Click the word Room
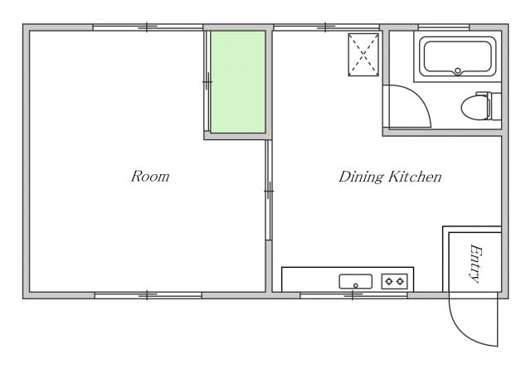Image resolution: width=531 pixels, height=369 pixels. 150,177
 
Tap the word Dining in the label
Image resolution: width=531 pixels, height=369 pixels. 362,177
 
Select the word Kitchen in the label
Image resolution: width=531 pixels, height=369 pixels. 415,177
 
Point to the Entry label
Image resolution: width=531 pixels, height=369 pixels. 476,264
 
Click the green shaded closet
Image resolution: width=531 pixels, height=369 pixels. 238,82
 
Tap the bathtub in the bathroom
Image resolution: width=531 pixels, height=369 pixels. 457,56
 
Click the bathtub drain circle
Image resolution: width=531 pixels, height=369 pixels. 457,70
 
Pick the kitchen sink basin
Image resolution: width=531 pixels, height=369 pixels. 356,282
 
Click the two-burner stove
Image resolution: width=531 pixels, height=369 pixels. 395,281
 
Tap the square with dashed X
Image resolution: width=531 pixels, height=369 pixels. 363,55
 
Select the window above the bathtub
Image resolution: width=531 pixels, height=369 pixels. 444,27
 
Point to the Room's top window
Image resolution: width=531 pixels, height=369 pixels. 148,27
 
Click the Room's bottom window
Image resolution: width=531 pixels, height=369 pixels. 148,295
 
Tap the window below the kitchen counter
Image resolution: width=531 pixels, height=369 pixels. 353,295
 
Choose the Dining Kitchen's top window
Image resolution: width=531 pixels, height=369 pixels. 326,27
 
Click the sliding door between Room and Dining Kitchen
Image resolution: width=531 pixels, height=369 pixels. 269,190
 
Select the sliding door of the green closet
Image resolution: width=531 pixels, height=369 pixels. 207,81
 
